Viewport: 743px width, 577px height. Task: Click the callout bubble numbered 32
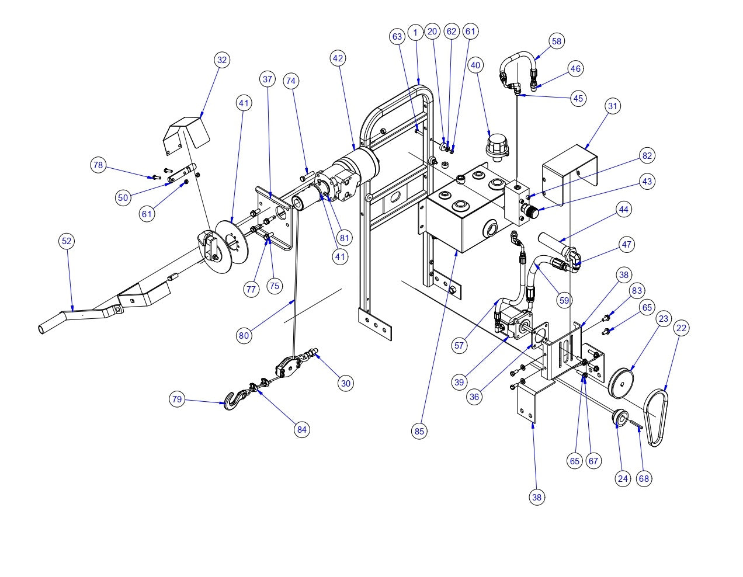coord(221,60)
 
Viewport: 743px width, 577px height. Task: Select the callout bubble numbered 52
coord(67,241)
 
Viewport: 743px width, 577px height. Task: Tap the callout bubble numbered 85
coord(419,432)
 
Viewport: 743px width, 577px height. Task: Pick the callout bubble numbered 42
coord(338,58)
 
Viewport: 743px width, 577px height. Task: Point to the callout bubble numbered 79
coord(176,399)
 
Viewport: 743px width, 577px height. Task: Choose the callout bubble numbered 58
coord(556,41)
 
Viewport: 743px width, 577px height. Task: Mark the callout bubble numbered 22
coord(681,329)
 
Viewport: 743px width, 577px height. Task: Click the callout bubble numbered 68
coord(644,478)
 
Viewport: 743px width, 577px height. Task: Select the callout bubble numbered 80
coord(244,335)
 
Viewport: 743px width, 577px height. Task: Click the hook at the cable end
coord(232,401)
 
